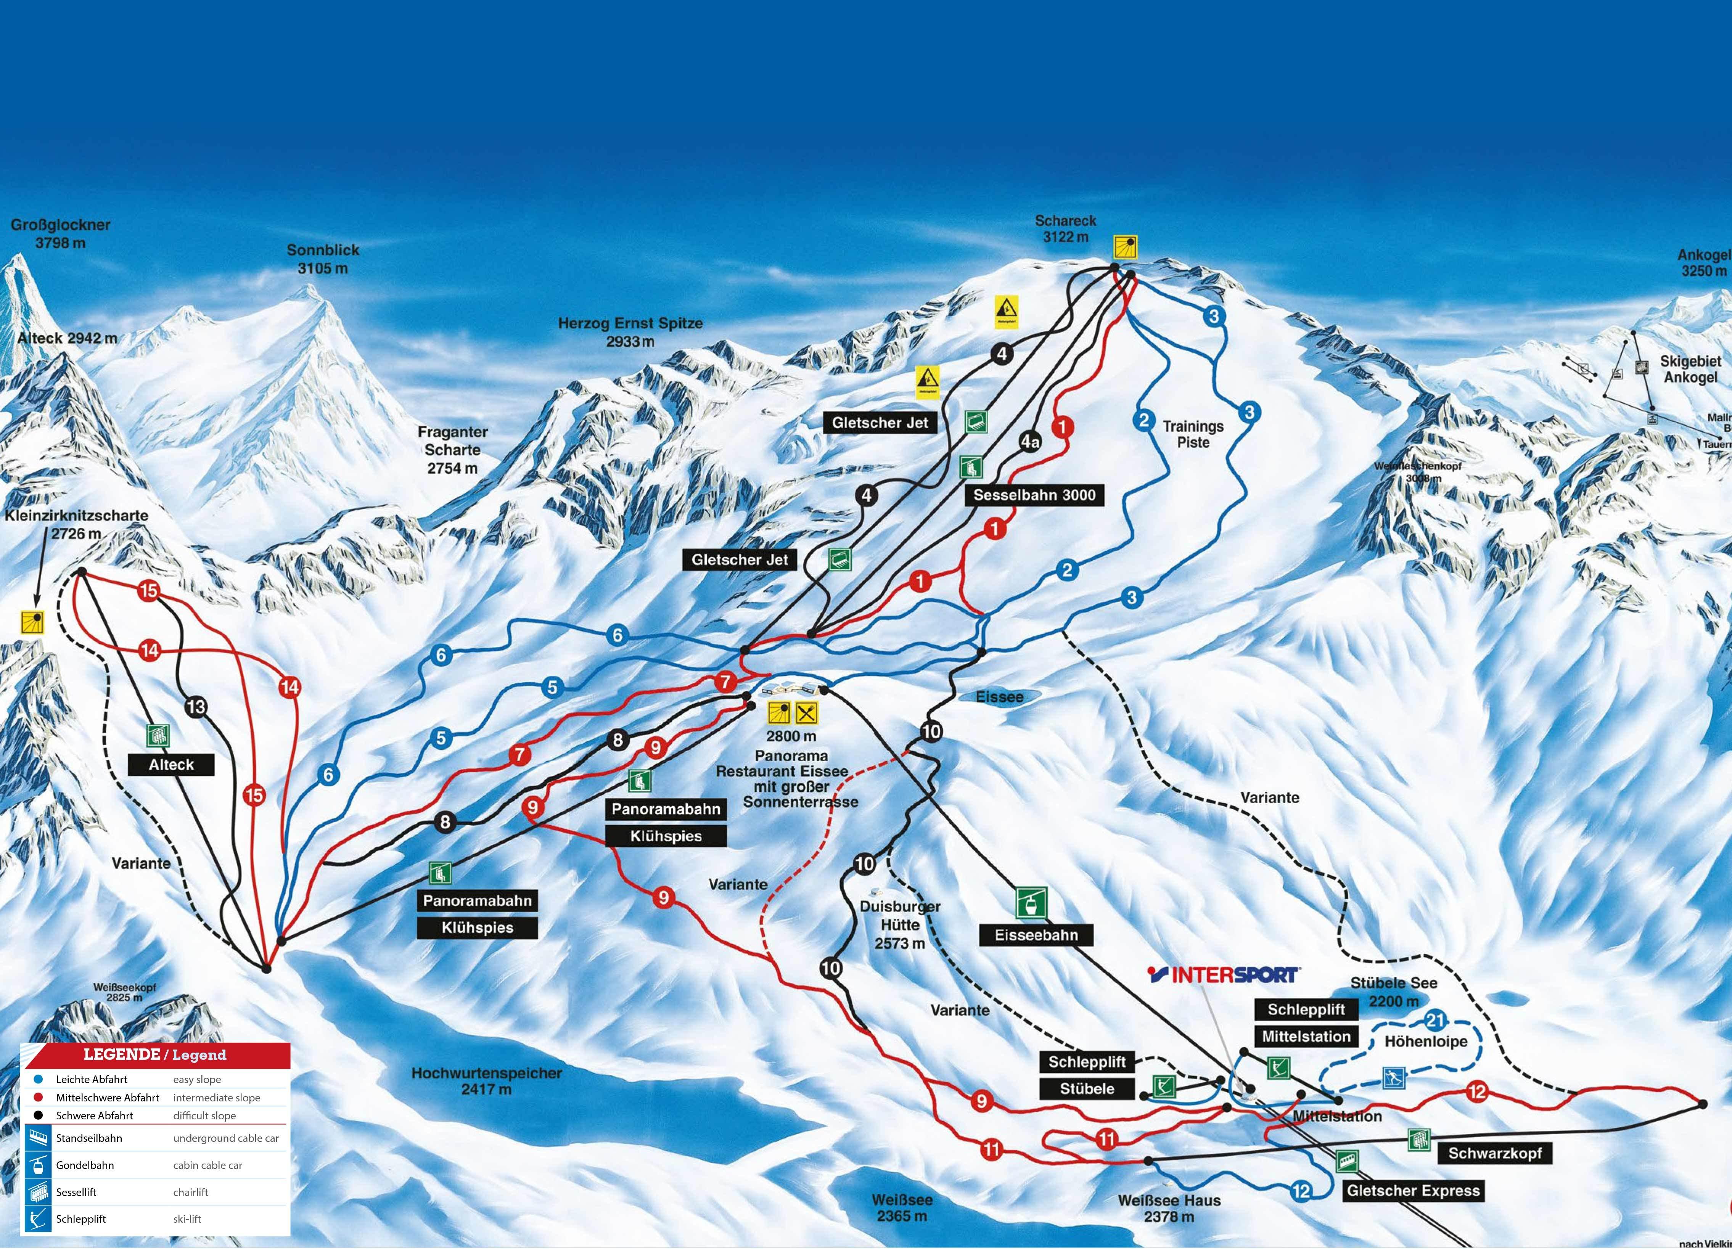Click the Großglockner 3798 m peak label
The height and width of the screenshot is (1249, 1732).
(x=60, y=234)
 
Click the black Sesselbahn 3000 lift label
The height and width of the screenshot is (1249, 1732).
(x=1034, y=495)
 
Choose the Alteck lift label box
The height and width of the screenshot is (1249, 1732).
(x=171, y=764)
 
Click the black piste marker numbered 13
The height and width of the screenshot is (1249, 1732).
(x=196, y=707)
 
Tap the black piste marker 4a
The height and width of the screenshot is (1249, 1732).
(x=1030, y=441)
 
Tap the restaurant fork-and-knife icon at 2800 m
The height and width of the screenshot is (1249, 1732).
(x=806, y=712)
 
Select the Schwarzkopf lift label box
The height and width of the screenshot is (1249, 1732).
(x=1494, y=1153)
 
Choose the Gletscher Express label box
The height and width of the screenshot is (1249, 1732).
(x=1413, y=1190)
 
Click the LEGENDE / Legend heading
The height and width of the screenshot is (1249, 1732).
(x=155, y=1055)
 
